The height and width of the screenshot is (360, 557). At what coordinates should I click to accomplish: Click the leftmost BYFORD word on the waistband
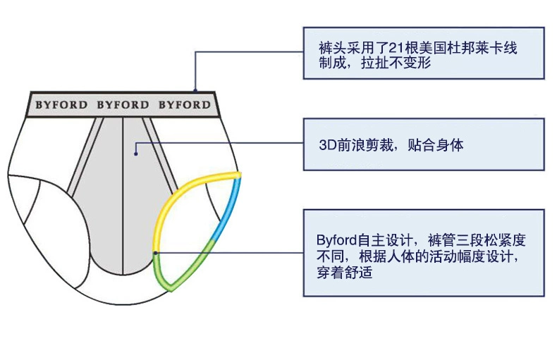coord(61,105)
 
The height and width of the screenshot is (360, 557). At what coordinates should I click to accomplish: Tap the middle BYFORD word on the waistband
coord(123,105)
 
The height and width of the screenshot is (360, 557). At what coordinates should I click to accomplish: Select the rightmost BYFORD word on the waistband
coord(184,105)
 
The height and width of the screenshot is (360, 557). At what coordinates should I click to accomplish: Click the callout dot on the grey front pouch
coord(137,147)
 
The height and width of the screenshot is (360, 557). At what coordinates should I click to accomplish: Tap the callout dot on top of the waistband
coord(195,89)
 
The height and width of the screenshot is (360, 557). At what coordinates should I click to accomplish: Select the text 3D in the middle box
coord(326,146)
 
